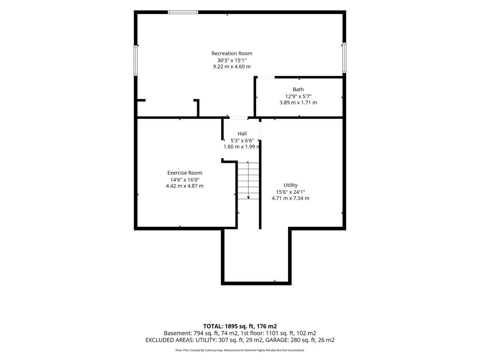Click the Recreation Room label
(x=232, y=53)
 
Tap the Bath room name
(x=298, y=89)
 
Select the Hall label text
(x=242, y=134)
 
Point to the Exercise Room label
(x=184, y=173)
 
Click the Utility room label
(x=290, y=185)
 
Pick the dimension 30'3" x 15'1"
(x=232, y=60)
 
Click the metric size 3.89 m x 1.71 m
(x=298, y=102)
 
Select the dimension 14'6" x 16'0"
(x=185, y=180)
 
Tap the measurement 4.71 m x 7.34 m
(x=290, y=198)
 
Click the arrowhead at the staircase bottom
(x=248, y=198)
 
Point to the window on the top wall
(x=183, y=12)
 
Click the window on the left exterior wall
(x=136, y=60)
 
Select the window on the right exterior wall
(x=344, y=58)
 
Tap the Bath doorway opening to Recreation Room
(x=266, y=77)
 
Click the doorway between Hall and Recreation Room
(x=238, y=118)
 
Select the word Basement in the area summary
(x=178, y=333)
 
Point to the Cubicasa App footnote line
(x=240, y=350)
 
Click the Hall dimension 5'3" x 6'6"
(x=242, y=140)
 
